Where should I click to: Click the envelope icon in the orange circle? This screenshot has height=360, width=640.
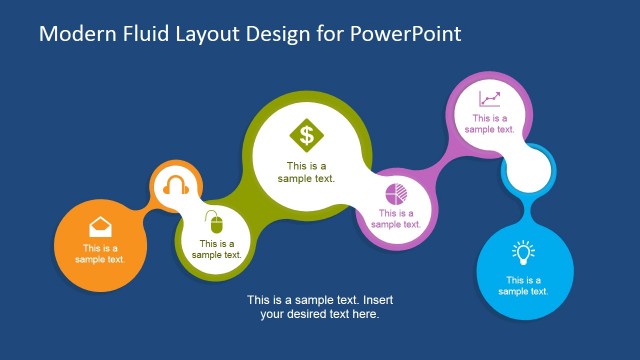[100, 226]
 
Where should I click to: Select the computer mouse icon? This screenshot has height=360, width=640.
[213, 221]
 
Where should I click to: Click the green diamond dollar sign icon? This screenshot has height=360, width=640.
[306, 134]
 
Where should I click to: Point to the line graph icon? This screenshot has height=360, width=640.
[489, 98]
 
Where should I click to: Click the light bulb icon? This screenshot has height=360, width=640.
[523, 252]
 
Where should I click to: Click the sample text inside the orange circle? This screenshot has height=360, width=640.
[100, 254]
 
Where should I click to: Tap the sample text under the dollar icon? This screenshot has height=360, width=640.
[306, 172]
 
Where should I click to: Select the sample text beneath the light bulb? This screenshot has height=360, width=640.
[524, 285]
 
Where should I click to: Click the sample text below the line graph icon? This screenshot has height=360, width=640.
[490, 123]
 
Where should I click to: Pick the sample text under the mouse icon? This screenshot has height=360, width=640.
[217, 248]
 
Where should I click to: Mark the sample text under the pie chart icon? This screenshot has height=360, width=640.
[396, 218]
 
